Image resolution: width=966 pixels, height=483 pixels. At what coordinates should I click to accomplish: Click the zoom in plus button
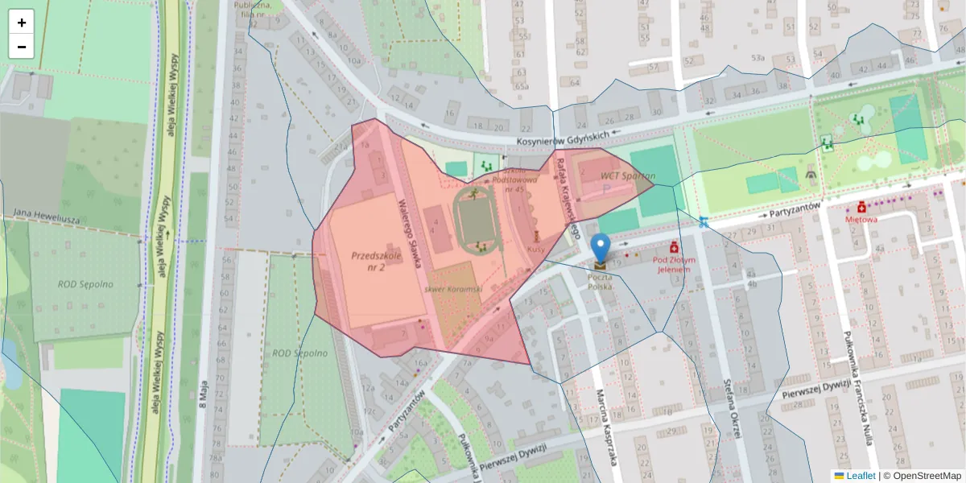pyautogui.click(x=22, y=23)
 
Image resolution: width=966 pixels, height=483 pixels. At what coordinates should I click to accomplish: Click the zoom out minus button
pyautogui.click(x=22, y=47)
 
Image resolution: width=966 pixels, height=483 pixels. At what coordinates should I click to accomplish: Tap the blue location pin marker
pyautogui.click(x=600, y=248)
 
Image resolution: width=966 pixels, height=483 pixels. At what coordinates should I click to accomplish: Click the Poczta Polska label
pyautogui.click(x=601, y=282)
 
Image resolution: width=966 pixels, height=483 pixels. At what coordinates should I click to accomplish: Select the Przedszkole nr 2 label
pyautogui.click(x=374, y=261)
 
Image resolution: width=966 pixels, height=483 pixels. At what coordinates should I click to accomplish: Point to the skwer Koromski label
pyautogui.click(x=453, y=288)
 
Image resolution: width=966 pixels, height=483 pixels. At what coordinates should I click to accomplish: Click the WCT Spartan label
pyautogui.click(x=629, y=175)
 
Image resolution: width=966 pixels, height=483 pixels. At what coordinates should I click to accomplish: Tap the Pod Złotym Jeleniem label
pyautogui.click(x=672, y=265)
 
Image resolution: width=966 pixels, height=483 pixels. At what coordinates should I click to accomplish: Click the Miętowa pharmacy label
pyautogui.click(x=861, y=218)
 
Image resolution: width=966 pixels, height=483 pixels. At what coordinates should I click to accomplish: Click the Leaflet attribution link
pyautogui.click(x=860, y=476)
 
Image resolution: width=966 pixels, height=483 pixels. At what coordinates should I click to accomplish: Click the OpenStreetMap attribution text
pyautogui.click(x=926, y=476)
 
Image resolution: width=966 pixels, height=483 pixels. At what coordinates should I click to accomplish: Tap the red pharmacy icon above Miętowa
pyautogui.click(x=861, y=207)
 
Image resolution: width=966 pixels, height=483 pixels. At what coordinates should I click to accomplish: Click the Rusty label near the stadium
pyautogui.click(x=535, y=249)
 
